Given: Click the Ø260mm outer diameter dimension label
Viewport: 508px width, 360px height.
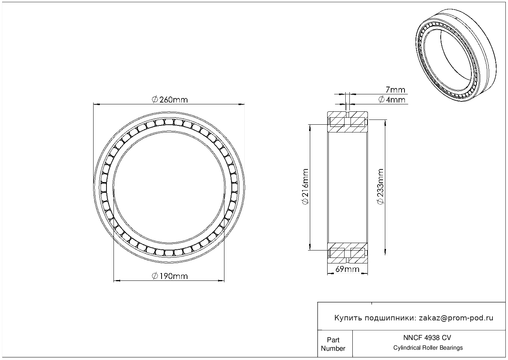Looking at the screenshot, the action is pyautogui.click(x=170, y=100).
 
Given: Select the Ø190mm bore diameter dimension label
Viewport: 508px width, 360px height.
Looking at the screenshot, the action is pyautogui.click(x=170, y=276).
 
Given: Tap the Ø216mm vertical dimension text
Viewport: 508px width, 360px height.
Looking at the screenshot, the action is pyautogui.click(x=305, y=186).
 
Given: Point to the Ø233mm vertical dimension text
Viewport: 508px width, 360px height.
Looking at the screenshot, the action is pyautogui.click(x=381, y=186).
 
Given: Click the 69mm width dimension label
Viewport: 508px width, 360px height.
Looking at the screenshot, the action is pyautogui.click(x=347, y=269).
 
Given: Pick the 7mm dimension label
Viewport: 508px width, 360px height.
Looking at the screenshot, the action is pyautogui.click(x=395, y=90).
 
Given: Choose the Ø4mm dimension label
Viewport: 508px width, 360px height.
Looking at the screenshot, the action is pyautogui.click(x=392, y=100).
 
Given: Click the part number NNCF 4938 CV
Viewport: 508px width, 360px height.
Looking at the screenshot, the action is pyautogui.click(x=427, y=338).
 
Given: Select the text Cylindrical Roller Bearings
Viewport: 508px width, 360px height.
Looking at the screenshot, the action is pyautogui.click(x=428, y=348).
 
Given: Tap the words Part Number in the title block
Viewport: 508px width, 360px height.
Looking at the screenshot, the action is pyautogui.click(x=333, y=344).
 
